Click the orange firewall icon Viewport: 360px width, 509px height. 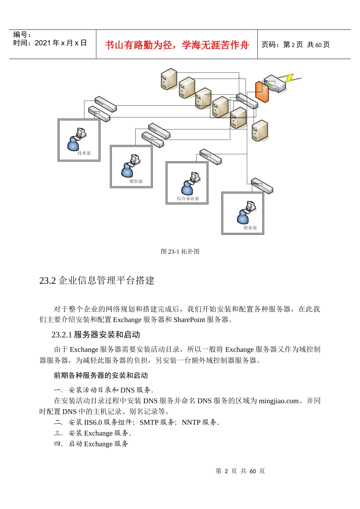pyautogui.click(x=262, y=91)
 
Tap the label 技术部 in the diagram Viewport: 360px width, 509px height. pyautogui.click(x=84, y=153)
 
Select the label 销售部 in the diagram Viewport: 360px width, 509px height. pyautogui.click(x=136, y=181)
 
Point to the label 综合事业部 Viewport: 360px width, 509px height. pyautogui.click(x=188, y=198)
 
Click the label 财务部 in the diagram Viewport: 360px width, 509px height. pyautogui.click(x=250, y=228)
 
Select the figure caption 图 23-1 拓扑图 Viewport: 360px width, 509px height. pyautogui.click(x=180, y=251)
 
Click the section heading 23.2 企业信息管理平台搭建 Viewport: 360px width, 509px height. pyautogui.click(x=97, y=280)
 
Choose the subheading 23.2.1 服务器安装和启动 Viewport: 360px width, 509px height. pyautogui.click(x=96, y=335)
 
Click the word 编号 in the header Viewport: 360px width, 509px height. pyautogui.click(x=20, y=35)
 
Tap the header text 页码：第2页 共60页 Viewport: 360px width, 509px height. pyautogui.click(x=296, y=45)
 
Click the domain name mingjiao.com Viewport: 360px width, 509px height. pyautogui.click(x=279, y=401)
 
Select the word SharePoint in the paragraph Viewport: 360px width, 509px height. pyautogui.click(x=189, y=320)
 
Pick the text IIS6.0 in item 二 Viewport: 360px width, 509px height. pyautogui.click(x=93, y=422)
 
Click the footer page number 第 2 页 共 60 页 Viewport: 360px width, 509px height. pyautogui.click(x=240, y=471)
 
